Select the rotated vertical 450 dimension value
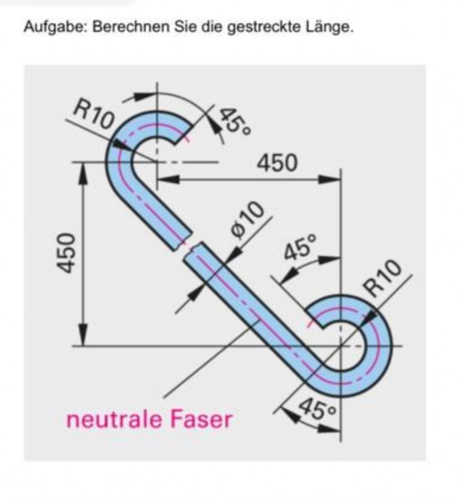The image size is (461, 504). [x=67, y=253]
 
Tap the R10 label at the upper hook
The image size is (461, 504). [x=94, y=115]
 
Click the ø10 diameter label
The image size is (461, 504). [x=247, y=221]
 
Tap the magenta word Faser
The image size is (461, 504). [x=201, y=420]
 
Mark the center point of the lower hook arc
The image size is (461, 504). [x=341, y=346]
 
